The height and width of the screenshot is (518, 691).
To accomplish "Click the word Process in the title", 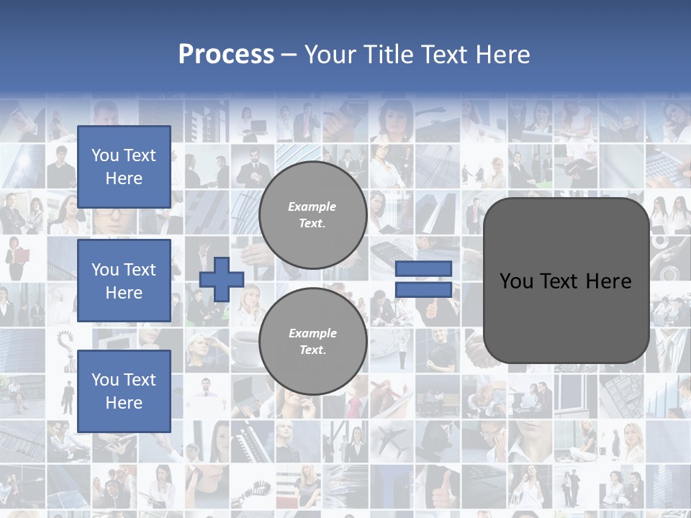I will (226, 55).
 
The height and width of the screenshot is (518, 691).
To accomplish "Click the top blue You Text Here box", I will (124, 167).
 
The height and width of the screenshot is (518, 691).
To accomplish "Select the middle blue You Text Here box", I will (124, 281).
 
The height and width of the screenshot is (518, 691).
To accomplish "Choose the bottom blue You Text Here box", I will (124, 391).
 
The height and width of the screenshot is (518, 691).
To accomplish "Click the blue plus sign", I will (221, 279).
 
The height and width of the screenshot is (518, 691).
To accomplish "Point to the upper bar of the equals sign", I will (423, 269).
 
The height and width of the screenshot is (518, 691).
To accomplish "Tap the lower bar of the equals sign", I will (423, 289).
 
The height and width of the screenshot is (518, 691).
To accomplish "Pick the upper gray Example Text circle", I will (312, 215).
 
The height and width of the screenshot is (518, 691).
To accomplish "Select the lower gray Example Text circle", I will (312, 342).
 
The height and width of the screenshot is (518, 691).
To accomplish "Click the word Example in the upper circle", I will (312, 206).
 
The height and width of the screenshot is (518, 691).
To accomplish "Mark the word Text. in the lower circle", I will (312, 350).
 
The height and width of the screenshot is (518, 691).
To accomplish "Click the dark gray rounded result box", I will (566, 281).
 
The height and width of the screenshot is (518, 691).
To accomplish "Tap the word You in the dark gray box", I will (515, 281).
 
